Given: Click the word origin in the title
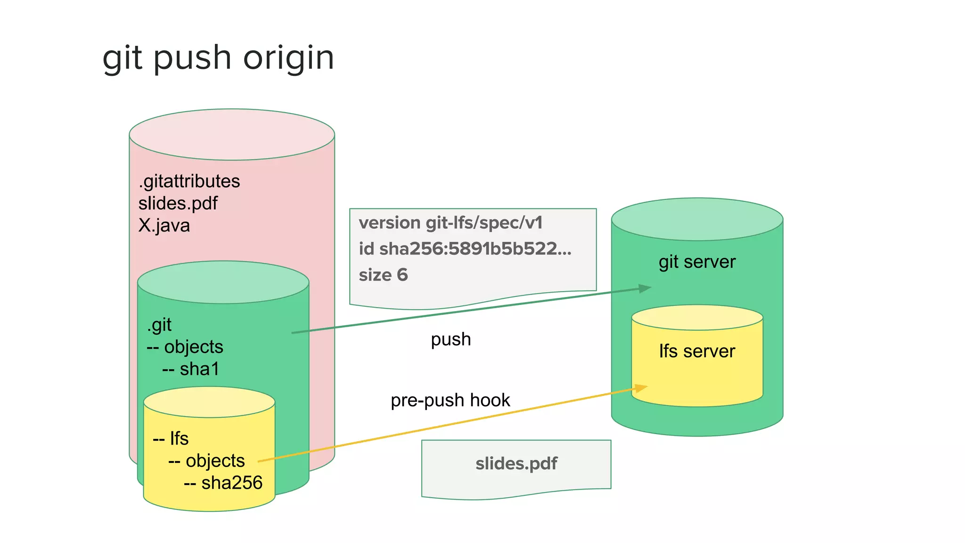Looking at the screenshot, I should coord(288,58).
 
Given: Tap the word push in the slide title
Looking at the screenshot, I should coord(192,58).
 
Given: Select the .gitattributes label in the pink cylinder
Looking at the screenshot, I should coord(189,181).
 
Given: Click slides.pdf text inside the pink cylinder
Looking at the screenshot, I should coord(178,204).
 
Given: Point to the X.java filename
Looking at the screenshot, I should coord(164,226).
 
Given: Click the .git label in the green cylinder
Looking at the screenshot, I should coord(159,325).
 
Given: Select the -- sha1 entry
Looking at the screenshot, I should coord(191,369).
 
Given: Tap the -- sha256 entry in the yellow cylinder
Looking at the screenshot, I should coord(223,483).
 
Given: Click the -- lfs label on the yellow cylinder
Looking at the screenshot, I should coord(171,439).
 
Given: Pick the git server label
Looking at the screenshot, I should coord(697,262).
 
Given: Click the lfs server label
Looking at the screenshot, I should coord(697,352).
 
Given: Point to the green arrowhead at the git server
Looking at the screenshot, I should coord(645,288).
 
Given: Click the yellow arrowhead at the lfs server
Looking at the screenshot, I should coord(641,388).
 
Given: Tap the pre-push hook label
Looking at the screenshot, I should coord(450,401).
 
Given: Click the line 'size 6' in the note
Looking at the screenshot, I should coord(383,275).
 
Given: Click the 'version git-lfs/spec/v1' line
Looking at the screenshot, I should coord(450,223).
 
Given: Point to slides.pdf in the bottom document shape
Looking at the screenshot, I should coord(516,464).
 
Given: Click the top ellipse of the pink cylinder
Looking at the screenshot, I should coord(232,135).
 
